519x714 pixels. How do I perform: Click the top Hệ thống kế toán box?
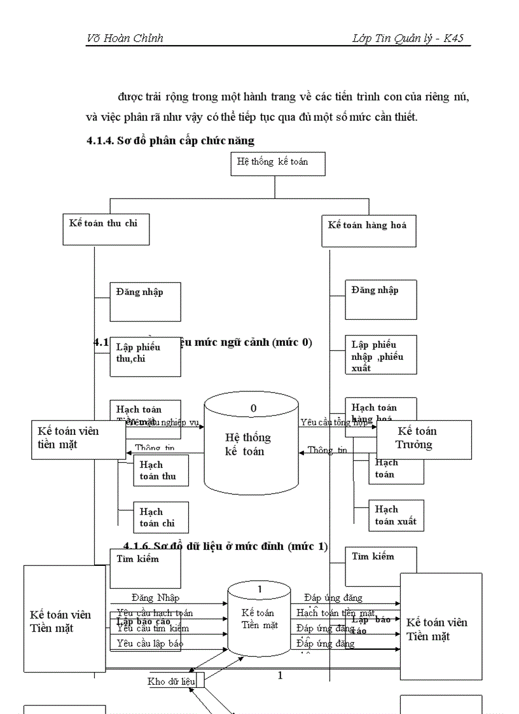coord(278,163)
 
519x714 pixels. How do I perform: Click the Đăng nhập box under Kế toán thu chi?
coord(145,301)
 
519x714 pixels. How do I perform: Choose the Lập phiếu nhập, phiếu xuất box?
coord(380,355)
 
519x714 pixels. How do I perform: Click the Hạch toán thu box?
coord(160,471)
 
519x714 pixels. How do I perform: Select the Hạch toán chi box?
coord(160,518)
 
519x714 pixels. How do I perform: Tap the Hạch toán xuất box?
coord(396,516)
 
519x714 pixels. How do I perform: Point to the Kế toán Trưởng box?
coord(424,439)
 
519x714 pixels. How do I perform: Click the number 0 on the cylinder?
coord(253,409)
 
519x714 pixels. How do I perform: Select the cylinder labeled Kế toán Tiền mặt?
coord(259,619)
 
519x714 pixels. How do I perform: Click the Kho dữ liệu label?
coord(171,682)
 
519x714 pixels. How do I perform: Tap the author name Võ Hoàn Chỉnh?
coord(125,39)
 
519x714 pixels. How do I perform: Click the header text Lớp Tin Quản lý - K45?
coord(408,39)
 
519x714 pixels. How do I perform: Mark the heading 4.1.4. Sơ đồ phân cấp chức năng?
coord(170,141)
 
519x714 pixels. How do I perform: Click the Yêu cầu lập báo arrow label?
coord(150,643)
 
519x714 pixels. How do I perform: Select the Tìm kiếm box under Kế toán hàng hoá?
coord(380,566)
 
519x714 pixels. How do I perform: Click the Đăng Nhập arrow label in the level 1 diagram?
coord(156,598)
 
